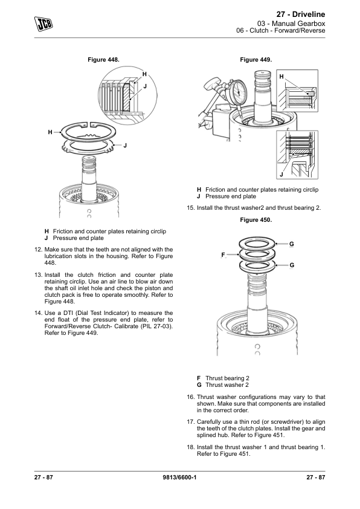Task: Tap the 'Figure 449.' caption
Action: click(256, 60)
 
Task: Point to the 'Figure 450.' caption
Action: click(256, 220)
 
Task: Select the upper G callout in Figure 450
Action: click(291, 244)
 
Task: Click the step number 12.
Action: click(38, 249)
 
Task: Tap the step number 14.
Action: click(38, 313)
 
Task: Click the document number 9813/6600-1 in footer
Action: click(180, 479)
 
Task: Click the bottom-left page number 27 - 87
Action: click(44, 479)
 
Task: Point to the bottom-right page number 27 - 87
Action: click(315, 479)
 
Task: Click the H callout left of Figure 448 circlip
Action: click(51, 131)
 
